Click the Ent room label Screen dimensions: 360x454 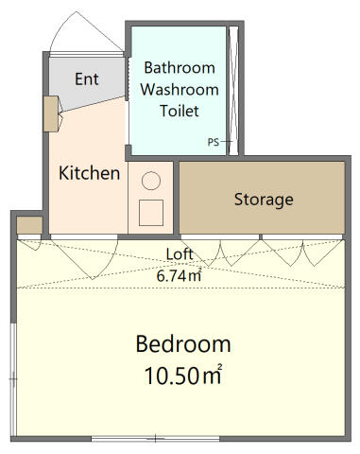click(87, 79)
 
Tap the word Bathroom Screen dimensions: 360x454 click(180, 68)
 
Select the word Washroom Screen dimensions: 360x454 click(180, 90)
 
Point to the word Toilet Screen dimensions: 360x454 click(180, 111)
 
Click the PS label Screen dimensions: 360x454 click(214, 142)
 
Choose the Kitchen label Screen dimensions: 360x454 click(90, 173)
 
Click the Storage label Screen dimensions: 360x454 click(264, 200)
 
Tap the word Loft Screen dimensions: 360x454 click(180, 254)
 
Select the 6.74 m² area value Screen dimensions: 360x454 click(179, 275)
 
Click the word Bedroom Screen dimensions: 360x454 click(183, 343)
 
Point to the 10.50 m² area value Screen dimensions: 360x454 click(183, 375)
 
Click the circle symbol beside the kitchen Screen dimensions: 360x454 click(151, 181)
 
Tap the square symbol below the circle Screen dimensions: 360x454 click(151, 213)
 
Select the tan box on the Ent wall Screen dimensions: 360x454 click(51, 113)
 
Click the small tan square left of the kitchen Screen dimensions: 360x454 click(29, 225)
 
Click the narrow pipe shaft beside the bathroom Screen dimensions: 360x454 click(233, 91)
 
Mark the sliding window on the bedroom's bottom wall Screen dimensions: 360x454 click(156, 439)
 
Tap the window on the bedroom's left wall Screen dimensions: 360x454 click(13, 379)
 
